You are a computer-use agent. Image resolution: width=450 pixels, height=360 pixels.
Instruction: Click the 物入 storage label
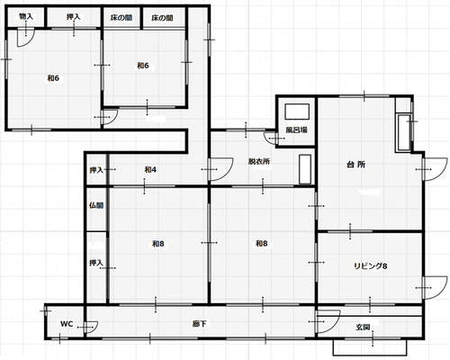pyautogui.click(x=26, y=16)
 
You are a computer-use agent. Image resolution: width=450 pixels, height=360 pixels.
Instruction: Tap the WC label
pyautogui.click(x=67, y=324)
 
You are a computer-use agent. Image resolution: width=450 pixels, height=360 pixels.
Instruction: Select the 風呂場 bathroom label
pyautogui.click(x=296, y=130)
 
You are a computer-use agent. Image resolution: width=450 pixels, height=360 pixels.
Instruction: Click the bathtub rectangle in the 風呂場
pyautogui.click(x=297, y=112)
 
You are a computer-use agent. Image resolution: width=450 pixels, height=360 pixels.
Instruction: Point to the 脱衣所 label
pyautogui.click(x=259, y=161)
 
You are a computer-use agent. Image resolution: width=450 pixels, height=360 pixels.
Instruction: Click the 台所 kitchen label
pyautogui.click(x=356, y=165)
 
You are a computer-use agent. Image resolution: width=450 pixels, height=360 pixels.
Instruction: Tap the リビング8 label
pyautogui.click(x=371, y=266)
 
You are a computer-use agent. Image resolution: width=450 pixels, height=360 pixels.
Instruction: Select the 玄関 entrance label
pyautogui.click(x=363, y=327)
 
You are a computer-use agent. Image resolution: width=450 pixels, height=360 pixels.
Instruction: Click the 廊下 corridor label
pyautogui.click(x=200, y=324)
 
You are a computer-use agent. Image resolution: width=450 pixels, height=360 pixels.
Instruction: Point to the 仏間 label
pyautogui.click(x=96, y=205)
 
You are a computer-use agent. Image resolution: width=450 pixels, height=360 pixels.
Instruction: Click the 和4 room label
pyautogui.click(x=150, y=170)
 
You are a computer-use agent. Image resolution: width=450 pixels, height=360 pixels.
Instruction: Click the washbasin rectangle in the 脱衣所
pyautogui.click(x=305, y=169)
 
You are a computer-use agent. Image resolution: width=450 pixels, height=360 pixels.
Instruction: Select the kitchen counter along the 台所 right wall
pyautogui.click(x=404, y=132)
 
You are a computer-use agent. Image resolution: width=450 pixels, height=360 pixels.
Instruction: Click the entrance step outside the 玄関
pyautogui.click(x=370, y=347)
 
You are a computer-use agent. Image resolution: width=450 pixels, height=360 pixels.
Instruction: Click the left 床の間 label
pyautogui.click(x=121, y=18)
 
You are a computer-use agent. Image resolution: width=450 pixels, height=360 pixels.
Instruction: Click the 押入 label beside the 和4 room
pyautogui.click(x=96, y=170)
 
